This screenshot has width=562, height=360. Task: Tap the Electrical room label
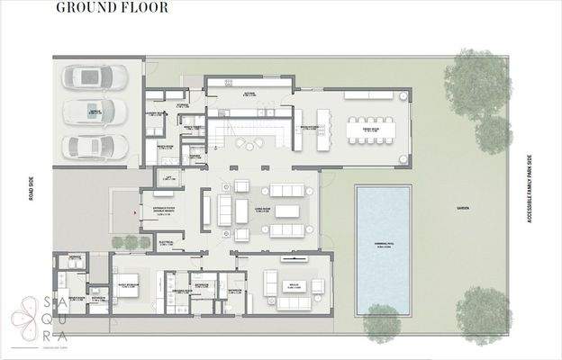pos(165,242)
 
